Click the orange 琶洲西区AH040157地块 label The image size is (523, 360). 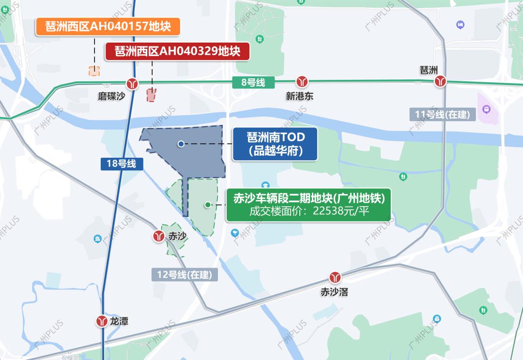click(108, 27)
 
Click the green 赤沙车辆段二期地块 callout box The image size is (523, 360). click(308, 205)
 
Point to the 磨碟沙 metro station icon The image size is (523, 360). click(132, 83)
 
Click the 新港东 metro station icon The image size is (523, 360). click(303, 81)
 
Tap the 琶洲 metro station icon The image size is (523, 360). click(440, 81)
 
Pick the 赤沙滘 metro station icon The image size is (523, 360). click(335, 278)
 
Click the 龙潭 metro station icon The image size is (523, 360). click(102, 321)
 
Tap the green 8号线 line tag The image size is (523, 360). click(253, 82)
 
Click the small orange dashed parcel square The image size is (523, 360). click(94, 71)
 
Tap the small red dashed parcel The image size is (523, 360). click(152, 95)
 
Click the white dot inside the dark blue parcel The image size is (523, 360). click(181, 144)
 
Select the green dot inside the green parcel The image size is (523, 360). click(208, 205)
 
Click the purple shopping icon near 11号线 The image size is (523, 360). click(486, 109)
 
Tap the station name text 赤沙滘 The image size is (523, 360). click(334, 292)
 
